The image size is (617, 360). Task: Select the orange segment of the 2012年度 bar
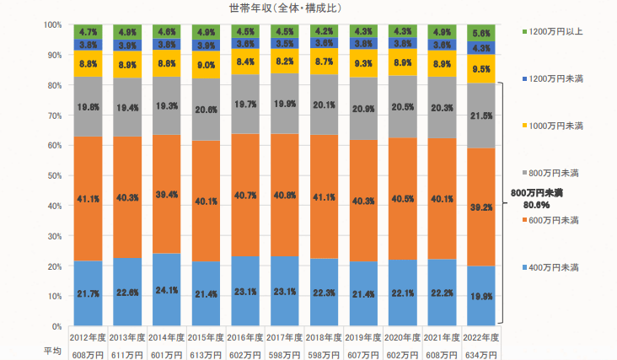(x=89, y=199)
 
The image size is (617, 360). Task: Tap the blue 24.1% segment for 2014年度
(x=168, y=289)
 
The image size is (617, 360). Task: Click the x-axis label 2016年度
(x=246, y=338)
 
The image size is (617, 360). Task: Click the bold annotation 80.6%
(x=537, y=204)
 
